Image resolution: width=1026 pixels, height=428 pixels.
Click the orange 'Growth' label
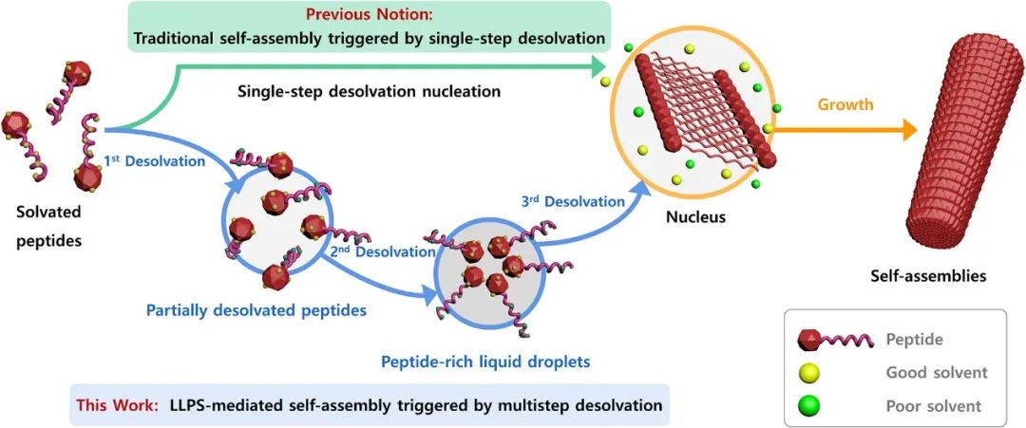click(x=845, y=104)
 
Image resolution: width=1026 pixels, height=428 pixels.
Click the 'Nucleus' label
click(x=697, y=217)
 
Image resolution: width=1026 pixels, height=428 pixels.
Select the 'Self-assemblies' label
click(x=927, y=276)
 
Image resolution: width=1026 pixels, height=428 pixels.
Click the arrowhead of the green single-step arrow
click(x=598, y=66)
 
